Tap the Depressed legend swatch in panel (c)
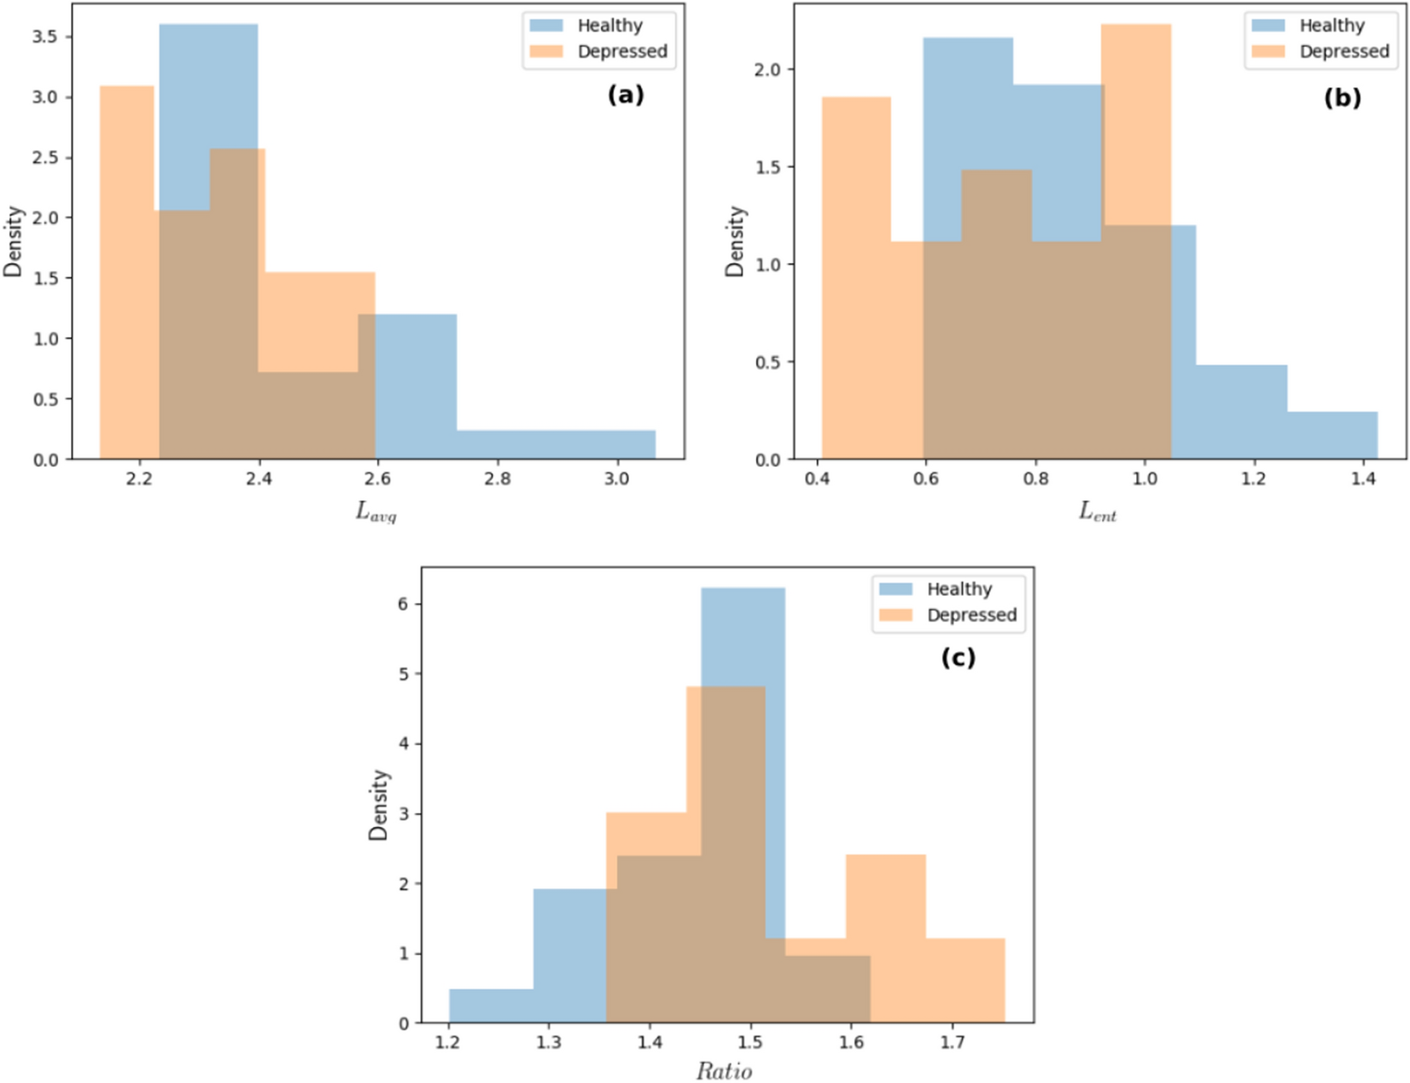(895, 614)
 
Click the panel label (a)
(626, 94)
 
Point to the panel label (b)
(1342, 97)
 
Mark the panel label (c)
(958, 657)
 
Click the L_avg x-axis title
(376, 512)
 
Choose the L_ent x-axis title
(1098, 512)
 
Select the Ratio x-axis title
(724, 1071)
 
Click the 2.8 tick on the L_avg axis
(497, 479)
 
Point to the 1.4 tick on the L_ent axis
(1363, 479)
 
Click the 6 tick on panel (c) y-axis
(404, 604)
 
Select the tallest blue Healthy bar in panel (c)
(743, 632)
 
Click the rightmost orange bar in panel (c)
(965, 981)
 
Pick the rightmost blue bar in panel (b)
(1331, 436)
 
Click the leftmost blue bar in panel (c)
(491, 1006)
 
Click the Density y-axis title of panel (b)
(735, 241)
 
